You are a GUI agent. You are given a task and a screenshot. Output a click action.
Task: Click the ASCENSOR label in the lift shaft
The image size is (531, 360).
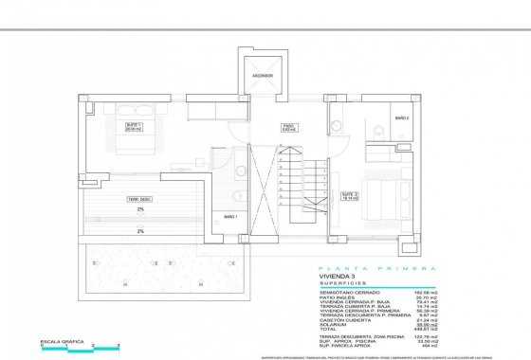(263, 75)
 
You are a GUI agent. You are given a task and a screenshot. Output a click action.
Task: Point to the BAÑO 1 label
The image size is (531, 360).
(229, 216)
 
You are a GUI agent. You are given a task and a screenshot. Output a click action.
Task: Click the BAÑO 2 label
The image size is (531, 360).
(402, 117)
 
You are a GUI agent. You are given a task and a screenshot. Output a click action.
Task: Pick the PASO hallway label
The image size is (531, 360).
(288, 126)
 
